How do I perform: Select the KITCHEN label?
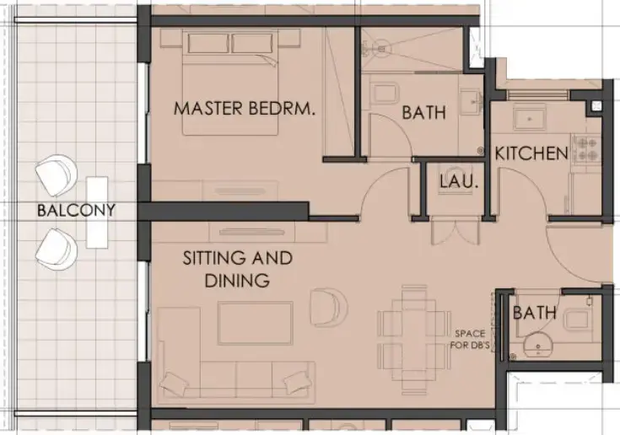[x=531, y=153]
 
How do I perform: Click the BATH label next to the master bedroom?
[x=423, y=112]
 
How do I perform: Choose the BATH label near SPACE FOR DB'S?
[x=535, y=313]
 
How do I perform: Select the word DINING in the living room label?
[x=237, y=281]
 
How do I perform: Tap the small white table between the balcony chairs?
[x=97, y=212]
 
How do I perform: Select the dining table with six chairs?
[x=414, y=328]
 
